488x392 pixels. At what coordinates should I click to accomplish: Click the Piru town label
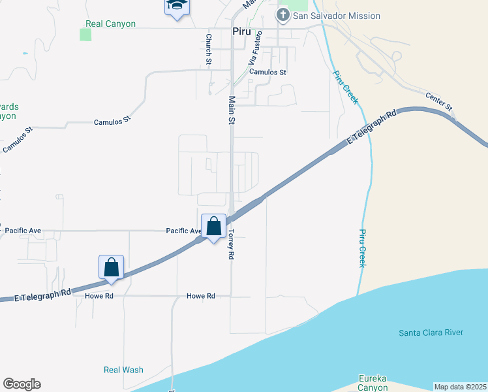point(241,31)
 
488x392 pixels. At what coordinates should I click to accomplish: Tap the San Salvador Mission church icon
point(283,16)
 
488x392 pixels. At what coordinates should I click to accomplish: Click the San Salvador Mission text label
point(336,16)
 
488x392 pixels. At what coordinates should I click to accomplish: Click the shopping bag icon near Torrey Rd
point(213,227)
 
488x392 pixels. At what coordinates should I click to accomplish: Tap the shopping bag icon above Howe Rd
point(111,267)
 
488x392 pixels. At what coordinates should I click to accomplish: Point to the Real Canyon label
point(111,24)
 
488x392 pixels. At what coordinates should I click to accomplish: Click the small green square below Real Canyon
point(85,35)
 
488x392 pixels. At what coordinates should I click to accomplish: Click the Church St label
point(209,49)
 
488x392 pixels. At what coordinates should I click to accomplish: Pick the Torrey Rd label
point(230,245)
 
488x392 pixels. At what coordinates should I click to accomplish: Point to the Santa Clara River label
point(431,333)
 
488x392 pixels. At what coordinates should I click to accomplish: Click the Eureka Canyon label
point(373,383)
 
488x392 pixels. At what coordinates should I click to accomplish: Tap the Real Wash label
point(123,370)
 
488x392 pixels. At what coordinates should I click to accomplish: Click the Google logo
point(22,384)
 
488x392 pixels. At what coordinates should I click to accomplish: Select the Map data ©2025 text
point(460,387)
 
